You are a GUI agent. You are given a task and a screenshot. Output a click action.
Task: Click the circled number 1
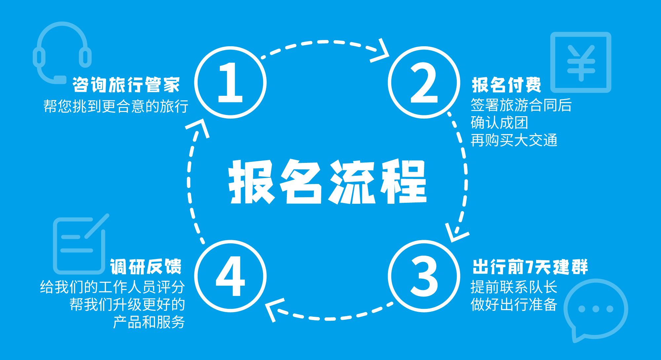(230, 83)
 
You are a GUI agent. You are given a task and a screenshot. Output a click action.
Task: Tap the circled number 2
(424, 83)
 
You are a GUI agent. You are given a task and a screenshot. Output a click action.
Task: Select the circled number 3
(424, 276)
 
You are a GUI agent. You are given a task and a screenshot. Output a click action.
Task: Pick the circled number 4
(230, 276)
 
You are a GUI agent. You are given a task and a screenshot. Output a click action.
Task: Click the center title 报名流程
(327, 182)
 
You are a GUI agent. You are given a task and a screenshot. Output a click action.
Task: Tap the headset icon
(62, 53)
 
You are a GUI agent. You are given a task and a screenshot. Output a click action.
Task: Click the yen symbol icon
(581, 62)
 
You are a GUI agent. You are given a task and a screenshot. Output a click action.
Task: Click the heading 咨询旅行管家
(126, 85)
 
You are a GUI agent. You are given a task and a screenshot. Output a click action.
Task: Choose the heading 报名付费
(506, 85)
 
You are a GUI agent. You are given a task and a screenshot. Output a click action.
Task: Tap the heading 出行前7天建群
(530, 267)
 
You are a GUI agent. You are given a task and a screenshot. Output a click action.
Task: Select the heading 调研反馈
(146, 267)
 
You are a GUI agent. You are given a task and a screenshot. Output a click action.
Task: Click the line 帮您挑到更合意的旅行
(116, 106)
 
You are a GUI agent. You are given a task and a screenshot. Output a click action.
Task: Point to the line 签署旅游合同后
(521, 105)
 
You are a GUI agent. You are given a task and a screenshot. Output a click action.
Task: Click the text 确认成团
(499, 123)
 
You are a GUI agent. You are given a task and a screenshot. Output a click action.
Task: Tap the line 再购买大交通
(514, 140)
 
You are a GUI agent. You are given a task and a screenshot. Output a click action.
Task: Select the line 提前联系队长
(514, 287)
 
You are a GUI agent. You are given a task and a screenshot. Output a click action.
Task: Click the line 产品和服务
(149, 322)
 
